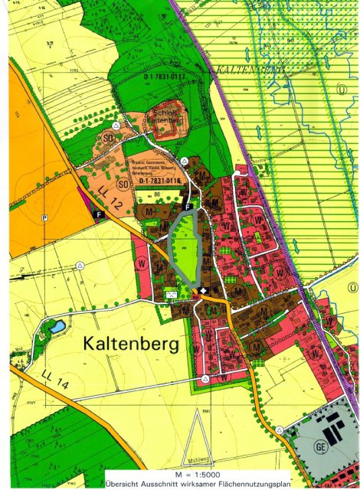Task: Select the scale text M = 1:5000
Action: click(198, 473)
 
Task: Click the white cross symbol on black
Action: click(204, 290)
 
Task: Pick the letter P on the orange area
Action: click(44, 218)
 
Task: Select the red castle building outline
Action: click(167, 126)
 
